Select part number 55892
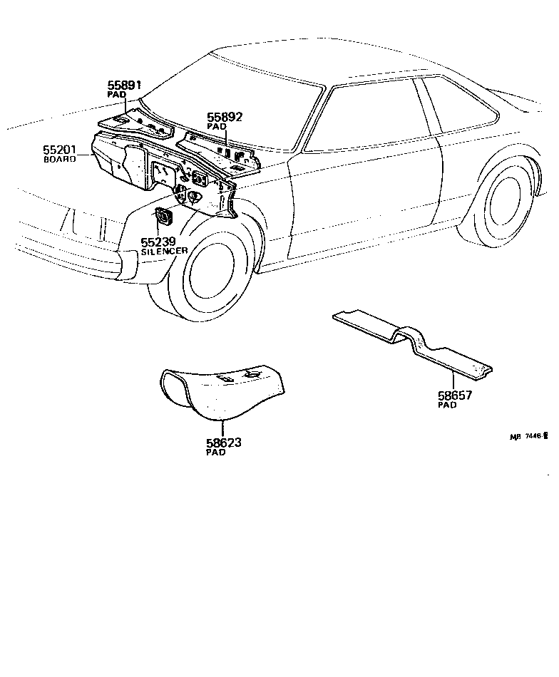[x=225, y=117]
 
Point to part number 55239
[x=158, y=242]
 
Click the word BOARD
[x=61, y=160]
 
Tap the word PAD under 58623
[x=215, y=453]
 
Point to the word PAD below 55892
[x=216, y=126]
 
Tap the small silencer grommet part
[x=163, y=216]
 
